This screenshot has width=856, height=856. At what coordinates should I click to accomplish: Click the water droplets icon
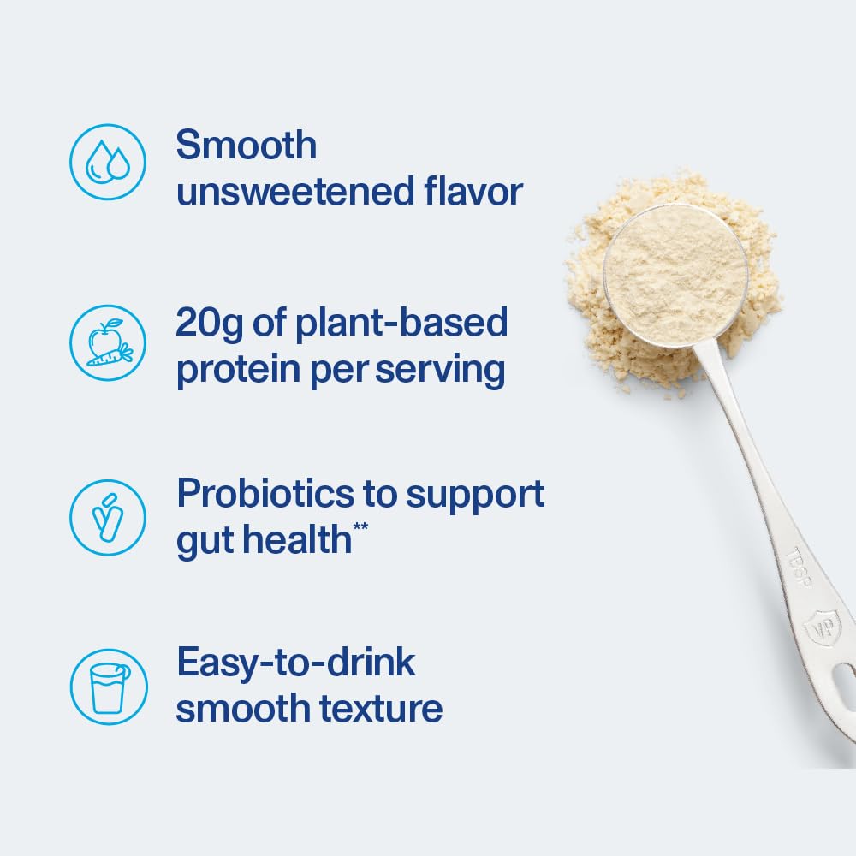pos(108,163)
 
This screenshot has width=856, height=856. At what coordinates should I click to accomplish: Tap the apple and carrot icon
pos(108,342)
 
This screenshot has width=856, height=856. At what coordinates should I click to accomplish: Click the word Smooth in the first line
pos(246,146)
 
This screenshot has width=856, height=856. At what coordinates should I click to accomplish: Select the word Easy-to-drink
pos(295,663)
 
